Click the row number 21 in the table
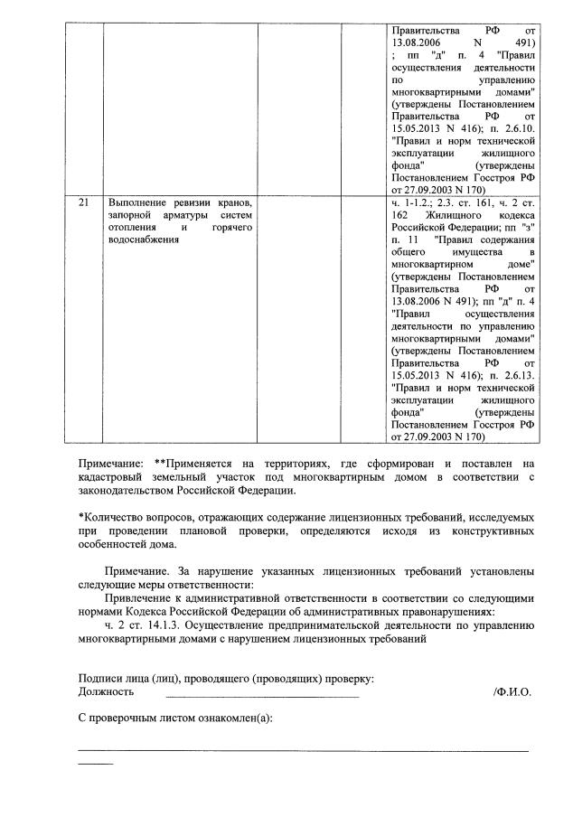pyautogui.click(x=83, y=203)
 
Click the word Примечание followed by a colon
pyautogui.click(x=111, y=463)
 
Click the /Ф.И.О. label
pyautogui.click(x=512, y=692)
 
